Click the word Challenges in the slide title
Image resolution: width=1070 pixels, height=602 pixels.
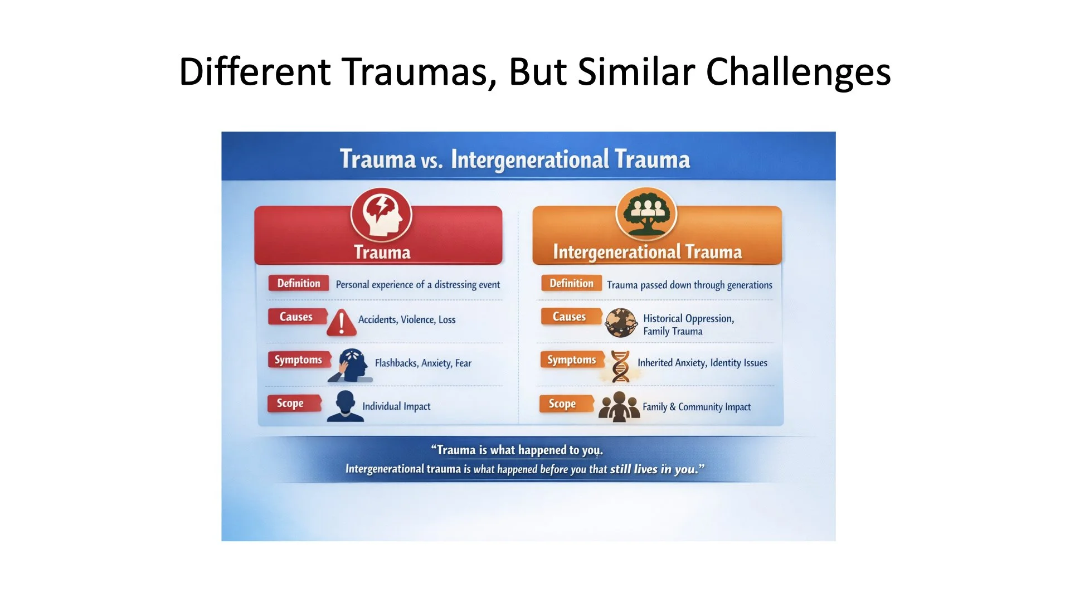[798, 72]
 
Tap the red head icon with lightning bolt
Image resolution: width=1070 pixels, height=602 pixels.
[381, 215]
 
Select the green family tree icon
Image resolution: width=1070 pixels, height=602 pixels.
[646, 213]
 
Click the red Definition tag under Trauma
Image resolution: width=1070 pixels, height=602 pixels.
[299, 283]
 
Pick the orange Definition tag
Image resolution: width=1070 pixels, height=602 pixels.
[571, 283]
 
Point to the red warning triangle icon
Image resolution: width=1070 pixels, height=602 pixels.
[341, 322]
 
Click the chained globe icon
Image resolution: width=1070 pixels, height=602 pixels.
[621, 322]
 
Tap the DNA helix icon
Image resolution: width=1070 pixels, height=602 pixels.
[620, 366]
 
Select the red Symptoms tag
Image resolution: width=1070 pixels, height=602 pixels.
[299, 360]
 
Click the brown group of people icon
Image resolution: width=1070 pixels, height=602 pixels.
[619, 406]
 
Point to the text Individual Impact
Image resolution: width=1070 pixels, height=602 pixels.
[396, 406]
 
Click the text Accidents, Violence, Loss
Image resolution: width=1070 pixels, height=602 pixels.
[407, 319]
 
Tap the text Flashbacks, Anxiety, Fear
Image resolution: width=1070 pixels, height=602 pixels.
[423, 363]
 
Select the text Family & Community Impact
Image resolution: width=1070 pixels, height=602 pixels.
[697, 407]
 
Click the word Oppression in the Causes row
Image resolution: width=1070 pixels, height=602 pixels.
[709, 318]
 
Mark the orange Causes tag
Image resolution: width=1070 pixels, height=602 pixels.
[570, 317]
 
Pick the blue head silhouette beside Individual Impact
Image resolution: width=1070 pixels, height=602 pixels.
[346, 406]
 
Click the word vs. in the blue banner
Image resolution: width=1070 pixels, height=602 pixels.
[432, 161]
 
